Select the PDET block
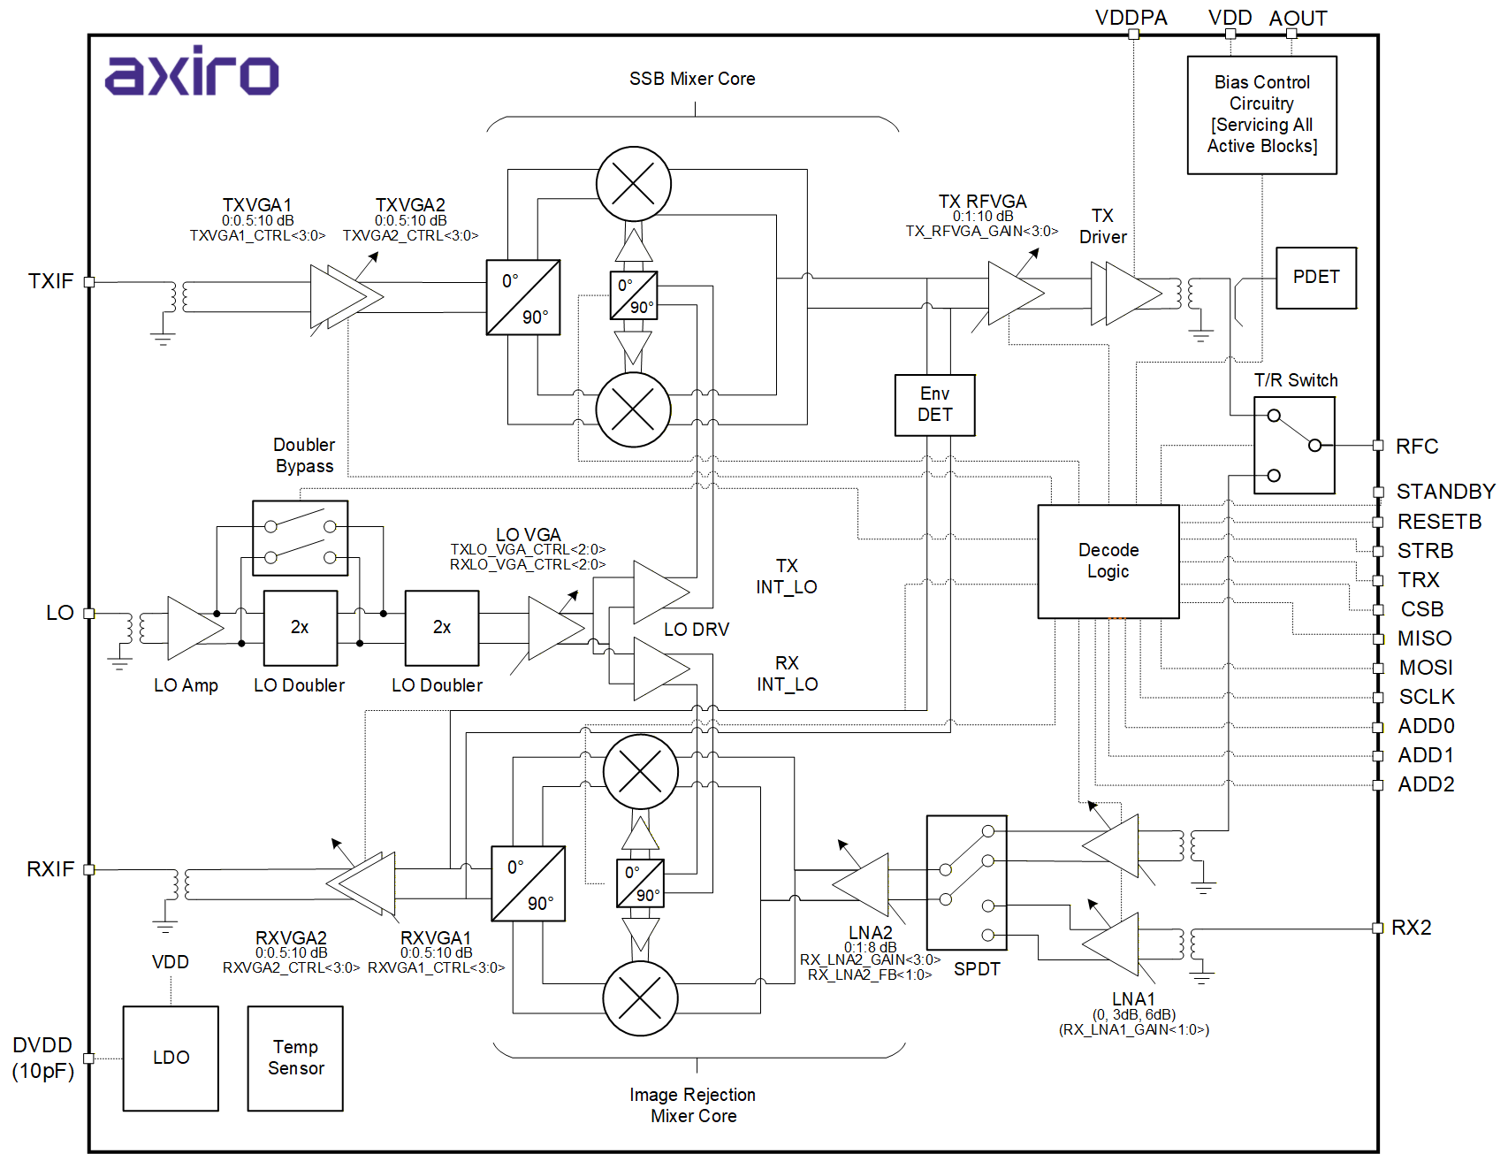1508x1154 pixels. tap(1315, 278)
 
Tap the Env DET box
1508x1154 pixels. tap(934, 405)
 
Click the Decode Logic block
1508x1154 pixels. tap(1108, 561)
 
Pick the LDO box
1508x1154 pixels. tap(171, 1058)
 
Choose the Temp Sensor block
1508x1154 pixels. tap(295, 1058)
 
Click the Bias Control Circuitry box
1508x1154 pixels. tap(1261, 115)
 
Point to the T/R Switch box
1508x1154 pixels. tap(1294, 445)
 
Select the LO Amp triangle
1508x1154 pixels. tap(191, 628)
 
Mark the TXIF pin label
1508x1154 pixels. tap(50, 281)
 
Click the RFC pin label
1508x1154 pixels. tap(1416, 447)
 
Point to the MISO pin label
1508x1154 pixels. tap(1424, 638)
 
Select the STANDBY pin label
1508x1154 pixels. tap(1445, 492)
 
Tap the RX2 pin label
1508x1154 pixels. tap(1411, 928)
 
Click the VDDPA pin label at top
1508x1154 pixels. tap(1131, 18)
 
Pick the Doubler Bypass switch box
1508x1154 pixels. tap(300, 538)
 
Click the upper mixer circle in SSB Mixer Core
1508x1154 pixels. tap(633, 184)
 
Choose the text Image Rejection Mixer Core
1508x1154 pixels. tap(693, 1105)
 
